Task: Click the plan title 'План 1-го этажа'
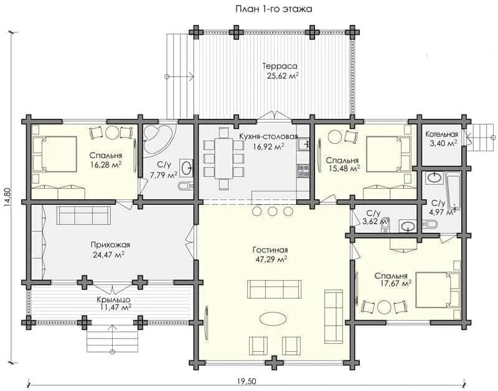[x=273, y=9]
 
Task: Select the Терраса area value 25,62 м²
[x=280, y=76]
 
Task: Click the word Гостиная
[x=270, y=250]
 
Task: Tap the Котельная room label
[x=442, y=134]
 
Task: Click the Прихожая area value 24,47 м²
[x=108, y=255]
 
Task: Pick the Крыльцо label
[x=114, y=299]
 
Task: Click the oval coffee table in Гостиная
[x=273, y=318]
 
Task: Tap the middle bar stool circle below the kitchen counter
[x=273, y=211]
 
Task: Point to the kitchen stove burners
[x=303, y=171]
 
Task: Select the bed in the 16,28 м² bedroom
[x=55, y=154]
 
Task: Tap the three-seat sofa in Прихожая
[x=83, y=215]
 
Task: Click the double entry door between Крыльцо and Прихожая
[x=113, y=290]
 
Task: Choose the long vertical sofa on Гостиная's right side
[x=334, y=317]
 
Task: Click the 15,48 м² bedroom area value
[x=344, y=168]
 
